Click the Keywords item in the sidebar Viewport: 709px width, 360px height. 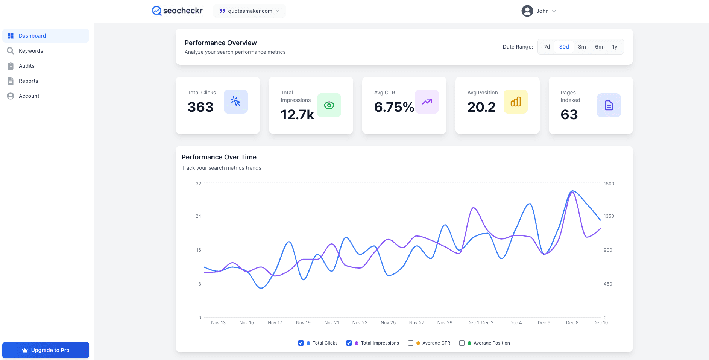coord(31,51)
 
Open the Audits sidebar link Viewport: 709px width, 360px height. coord(26,66)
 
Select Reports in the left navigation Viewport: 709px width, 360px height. coord(28,81)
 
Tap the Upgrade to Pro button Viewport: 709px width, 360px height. coord(46,350)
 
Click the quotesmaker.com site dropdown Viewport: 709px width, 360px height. coord(249,11)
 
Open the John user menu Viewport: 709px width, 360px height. coord(538,11)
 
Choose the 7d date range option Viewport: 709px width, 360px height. coord(547,47)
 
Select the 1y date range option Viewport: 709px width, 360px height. coord(614,47)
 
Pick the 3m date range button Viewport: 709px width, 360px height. coord(581,47)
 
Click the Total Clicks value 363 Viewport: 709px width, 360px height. coord(200,107)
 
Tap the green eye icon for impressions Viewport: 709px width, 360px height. coord(329,105)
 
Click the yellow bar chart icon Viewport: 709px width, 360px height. coord(515,102)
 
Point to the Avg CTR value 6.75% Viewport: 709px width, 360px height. coord(394,107)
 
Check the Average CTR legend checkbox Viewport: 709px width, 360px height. coord(411,343)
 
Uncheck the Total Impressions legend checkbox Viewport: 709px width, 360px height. coord(349,343)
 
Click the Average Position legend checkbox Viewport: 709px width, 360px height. coord(462,343)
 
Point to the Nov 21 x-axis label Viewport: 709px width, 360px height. coord(331,323)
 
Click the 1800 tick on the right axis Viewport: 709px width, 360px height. coord(609,184)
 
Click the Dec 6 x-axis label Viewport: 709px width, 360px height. coord(544,323)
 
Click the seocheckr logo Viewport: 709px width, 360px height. coord(177,11)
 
